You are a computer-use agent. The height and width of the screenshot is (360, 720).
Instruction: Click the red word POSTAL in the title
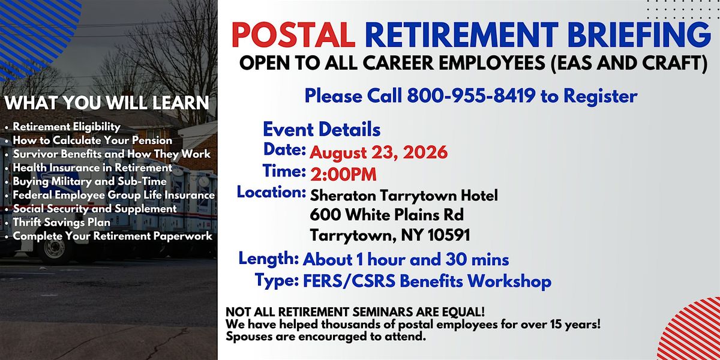pos(293,34)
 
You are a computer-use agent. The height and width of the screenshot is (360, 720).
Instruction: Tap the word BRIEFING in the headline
pos(639,34)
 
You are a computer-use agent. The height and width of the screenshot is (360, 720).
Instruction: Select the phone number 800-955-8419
pos(471,95)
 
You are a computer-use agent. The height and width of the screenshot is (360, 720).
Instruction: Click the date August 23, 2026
pos(379,152)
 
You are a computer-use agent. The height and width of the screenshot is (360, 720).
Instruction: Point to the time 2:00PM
pos(343,175)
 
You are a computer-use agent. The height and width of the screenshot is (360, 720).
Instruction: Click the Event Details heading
pos(322,129)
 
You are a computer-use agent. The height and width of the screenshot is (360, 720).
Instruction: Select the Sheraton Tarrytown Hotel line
pos(404,195)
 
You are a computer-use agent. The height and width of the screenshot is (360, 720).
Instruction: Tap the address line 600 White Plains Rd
pos(386,215)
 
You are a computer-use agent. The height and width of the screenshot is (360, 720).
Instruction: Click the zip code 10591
pos(449,235)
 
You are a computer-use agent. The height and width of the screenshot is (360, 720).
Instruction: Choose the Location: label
pos(271,192)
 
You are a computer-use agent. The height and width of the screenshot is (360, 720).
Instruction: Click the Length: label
pos(269,259)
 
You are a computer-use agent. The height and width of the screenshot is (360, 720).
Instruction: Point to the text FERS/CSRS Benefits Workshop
pos(427,281)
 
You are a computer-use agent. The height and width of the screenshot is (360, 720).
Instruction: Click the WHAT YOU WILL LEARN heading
pos(107,103)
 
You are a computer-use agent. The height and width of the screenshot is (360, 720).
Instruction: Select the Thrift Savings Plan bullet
pos(61,222)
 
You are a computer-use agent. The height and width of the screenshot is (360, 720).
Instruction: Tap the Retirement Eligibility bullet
pos(67,127)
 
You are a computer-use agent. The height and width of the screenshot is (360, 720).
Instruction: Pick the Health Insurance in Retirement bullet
pos(92,167)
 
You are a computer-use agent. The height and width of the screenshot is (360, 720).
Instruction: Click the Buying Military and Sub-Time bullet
pos(89,181)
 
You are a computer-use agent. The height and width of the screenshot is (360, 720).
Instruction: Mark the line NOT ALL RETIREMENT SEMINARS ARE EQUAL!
pos(355,312)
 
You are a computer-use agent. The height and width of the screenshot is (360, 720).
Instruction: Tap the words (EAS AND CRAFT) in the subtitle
pos(629,62)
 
